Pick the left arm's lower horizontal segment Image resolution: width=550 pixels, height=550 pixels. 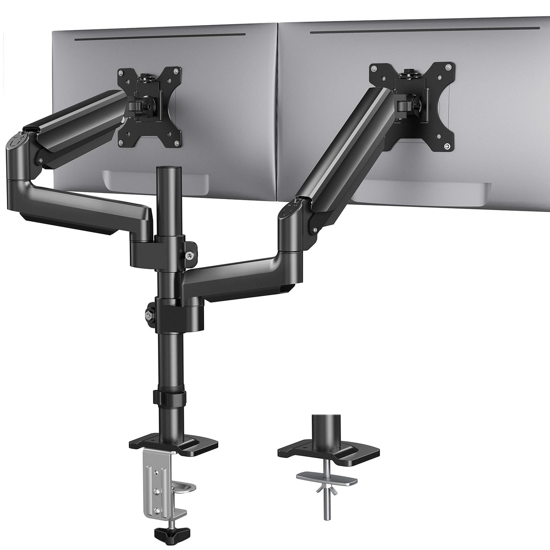88,202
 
